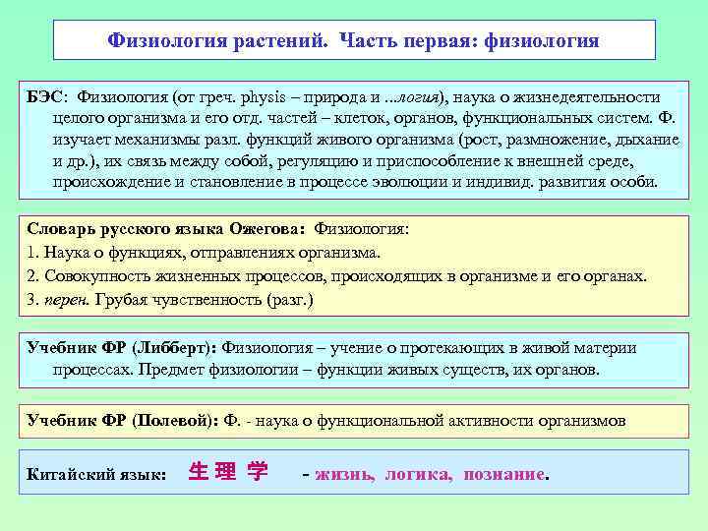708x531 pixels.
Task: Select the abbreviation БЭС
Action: pos(45,96)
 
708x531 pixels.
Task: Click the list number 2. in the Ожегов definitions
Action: pos(33,277)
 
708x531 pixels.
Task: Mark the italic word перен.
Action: pos(65,300)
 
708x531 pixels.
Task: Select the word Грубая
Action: pos(123,300)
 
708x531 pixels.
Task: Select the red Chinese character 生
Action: pos(197,473)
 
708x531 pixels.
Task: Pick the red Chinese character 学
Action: pos(258,473)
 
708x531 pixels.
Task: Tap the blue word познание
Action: pos(503,475)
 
